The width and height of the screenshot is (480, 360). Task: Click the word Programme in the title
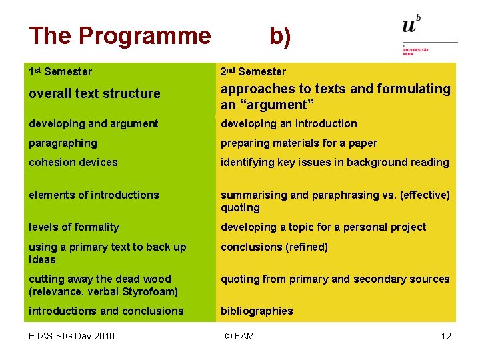click(x=145, y=37)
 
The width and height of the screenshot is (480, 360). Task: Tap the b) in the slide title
click(x=280, y=37)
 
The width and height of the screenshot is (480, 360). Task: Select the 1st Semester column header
click(x=60, y=71)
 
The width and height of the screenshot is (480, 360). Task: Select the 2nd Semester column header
click(x=253, y=71)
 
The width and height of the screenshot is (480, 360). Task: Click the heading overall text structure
click(x=95, y=93)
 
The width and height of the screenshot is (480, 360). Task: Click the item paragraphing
click(x=63, y=143)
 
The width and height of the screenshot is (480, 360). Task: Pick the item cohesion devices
click(x=73, y=162)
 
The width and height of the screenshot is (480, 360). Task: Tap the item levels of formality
click(x=74, y=227)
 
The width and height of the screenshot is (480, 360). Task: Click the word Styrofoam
click(x=150, y=292)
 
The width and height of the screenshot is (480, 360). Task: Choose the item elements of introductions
click(x=94, y=195)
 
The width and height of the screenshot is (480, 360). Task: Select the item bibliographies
click(x=257, y=311)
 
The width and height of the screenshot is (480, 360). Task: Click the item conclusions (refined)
click(x=274, y=247)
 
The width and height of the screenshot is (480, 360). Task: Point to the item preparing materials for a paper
click(x=299, y=143)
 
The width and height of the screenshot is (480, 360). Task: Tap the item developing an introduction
click(x=289, y=124)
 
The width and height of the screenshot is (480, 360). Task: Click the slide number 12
click(x=446, y=336)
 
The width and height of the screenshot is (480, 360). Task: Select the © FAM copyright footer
click(x=239, y=336)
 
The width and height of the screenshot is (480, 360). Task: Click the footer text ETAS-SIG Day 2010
click(x=71, y=336)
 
